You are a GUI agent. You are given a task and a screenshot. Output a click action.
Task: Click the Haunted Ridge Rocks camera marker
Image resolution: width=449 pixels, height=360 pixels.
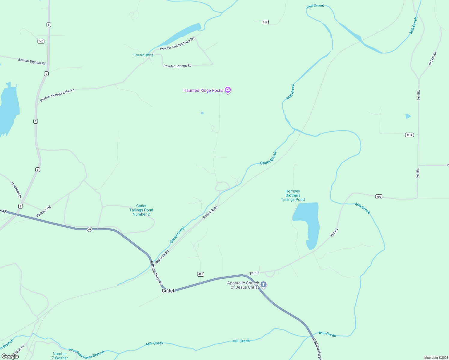228,90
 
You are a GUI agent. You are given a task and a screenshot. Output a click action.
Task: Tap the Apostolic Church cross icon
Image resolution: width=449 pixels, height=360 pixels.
264,284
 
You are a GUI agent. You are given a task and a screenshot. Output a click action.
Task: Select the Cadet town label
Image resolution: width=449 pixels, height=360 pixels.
168,291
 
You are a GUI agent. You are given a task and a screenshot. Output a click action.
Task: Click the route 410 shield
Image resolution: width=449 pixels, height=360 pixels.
265,22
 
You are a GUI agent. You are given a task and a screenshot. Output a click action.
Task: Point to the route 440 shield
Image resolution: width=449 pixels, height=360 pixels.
41,41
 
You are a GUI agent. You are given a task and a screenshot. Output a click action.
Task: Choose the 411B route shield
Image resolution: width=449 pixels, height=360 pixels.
409,135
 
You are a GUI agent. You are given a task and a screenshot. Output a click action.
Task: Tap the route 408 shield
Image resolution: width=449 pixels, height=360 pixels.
379,197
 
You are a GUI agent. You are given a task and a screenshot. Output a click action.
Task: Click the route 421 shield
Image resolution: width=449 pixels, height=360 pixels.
201,274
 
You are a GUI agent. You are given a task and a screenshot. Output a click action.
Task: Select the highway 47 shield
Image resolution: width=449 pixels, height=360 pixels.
89,229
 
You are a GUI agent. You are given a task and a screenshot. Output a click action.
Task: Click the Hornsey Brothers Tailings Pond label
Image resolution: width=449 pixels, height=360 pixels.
293,195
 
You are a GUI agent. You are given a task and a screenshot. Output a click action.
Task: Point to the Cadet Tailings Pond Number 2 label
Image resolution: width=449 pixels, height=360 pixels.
141,210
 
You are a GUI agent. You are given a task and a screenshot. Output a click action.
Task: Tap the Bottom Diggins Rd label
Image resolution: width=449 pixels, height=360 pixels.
32,62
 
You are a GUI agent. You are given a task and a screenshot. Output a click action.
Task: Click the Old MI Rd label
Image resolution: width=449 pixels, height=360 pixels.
432,58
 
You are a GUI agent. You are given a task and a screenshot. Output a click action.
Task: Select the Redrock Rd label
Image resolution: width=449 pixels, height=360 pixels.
44,211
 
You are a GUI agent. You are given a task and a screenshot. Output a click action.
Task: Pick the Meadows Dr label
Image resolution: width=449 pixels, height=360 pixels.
16,190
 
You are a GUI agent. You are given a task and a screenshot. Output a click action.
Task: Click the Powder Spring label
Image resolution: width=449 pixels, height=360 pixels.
143,55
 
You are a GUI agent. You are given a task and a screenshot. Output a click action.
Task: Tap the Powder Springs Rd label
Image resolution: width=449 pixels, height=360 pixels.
177,66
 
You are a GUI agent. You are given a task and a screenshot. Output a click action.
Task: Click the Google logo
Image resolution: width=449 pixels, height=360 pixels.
10,356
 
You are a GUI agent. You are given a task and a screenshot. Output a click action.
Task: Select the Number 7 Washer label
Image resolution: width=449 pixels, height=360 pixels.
60,356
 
